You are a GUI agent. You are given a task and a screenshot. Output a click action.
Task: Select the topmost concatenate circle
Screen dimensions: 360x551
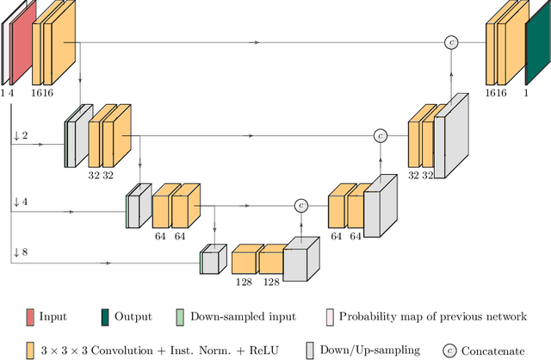pos(449,41)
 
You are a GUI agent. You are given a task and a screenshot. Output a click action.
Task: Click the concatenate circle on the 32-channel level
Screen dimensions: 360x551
pos(380,135)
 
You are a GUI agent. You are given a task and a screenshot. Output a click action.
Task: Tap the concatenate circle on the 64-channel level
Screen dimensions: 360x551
pos(300,205)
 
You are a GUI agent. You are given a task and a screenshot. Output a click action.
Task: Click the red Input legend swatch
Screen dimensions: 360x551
pos(29,317)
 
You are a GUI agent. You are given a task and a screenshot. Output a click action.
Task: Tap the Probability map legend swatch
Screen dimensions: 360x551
pos(331,317)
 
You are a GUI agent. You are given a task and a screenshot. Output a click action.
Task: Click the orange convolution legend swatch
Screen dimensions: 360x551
pos(29,350)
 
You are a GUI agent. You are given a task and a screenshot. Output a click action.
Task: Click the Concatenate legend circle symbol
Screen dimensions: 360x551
pos(448,350)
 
